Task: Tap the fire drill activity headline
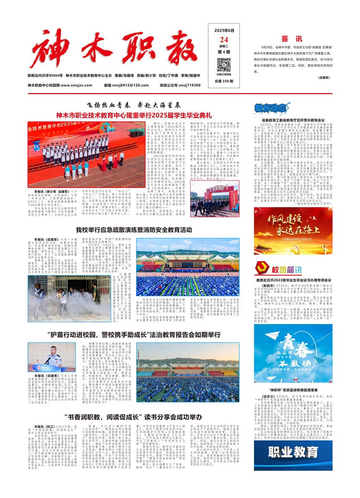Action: click(x=134, y=230)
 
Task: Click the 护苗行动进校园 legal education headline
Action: click(x=134, y=333)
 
